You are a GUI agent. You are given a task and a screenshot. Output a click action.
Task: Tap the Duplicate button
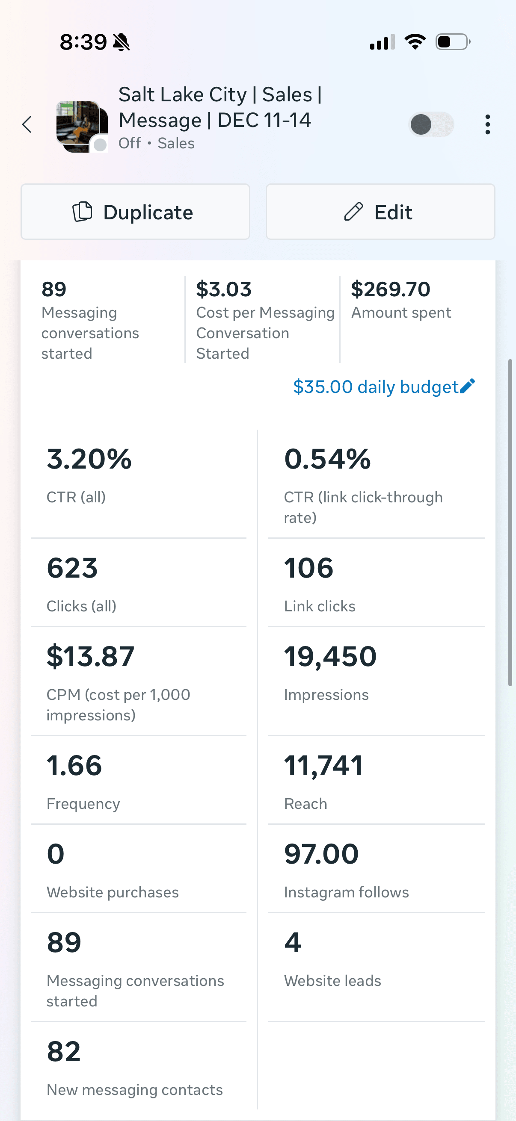[x=135, y=212]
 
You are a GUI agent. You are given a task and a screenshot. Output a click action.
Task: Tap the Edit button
[x=380, y=212]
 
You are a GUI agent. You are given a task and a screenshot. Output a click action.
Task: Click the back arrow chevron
[x=27, y=124]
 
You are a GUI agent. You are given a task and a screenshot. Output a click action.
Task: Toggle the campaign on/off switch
[x=431, y=124]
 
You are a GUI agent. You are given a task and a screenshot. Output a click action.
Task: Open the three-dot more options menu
[x=487, y=124]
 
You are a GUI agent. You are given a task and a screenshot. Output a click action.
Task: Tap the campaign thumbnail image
[x=82, y=126]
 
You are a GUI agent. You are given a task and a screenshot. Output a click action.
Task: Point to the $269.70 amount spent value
[x=390, y=289]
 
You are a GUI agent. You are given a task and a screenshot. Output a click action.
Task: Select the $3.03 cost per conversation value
[x=223, y=289]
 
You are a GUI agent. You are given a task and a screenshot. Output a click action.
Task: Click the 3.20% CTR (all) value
[x=89, y=459]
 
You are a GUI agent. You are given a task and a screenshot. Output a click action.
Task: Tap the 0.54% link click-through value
[x=327, y=459]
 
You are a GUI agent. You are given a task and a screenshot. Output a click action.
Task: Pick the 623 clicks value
[x=72, y=568]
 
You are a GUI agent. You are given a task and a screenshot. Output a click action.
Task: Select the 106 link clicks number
[x=308, y=568]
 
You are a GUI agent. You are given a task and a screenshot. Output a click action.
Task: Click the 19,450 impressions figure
[x=330, y=657]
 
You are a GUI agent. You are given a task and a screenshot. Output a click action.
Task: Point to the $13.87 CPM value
[x=91, y=657]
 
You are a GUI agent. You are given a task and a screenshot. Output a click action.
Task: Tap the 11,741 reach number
[x=323, y=766]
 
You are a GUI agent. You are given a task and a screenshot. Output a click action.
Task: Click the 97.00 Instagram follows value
[x=321, y=854]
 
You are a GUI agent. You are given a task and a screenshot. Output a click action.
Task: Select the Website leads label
[x=332, y=981]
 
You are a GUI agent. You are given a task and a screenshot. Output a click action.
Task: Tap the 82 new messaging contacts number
[x=64, y=1051]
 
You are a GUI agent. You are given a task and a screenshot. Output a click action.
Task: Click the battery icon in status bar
[x=452, y=42]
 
